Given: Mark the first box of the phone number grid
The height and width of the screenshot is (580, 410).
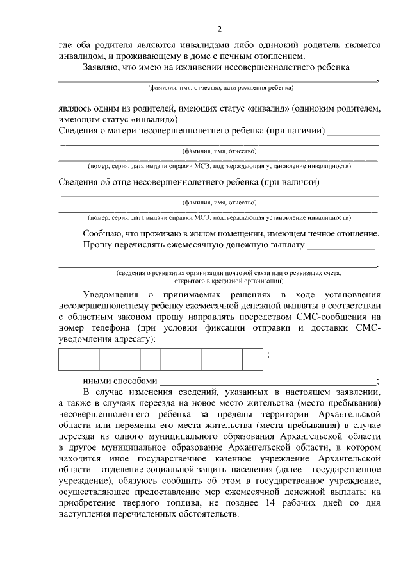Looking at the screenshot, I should (69, 359).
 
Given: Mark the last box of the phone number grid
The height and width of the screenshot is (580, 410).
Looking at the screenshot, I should (252, 359).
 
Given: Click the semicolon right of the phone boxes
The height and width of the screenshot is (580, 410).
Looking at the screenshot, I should (267, 356).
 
